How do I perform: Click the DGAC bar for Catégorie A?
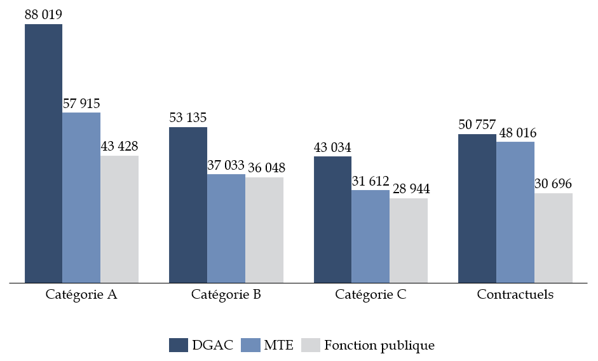coord(43,153)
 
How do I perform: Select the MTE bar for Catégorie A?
coord(81,197)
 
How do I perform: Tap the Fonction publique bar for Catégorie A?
coord(119,219)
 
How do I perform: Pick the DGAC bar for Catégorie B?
coord(188,205)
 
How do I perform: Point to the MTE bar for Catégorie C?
coord(370,236)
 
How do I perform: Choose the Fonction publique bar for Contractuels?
coord(554,238)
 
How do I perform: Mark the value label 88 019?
coord(43,15)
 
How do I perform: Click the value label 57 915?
coord(81,103)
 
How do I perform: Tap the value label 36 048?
coord(266,168)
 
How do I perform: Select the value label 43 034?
coord(332,147)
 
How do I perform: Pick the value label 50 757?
coord(477,125)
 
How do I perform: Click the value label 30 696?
coord(554,184)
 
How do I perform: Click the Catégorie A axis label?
coord(81,296)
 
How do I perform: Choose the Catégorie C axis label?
coord(370,296)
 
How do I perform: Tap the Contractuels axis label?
coord(515,296)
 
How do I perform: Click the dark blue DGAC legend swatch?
coord(178,345)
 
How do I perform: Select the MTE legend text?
coord(278,345)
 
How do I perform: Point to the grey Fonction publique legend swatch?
coord(309,345)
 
